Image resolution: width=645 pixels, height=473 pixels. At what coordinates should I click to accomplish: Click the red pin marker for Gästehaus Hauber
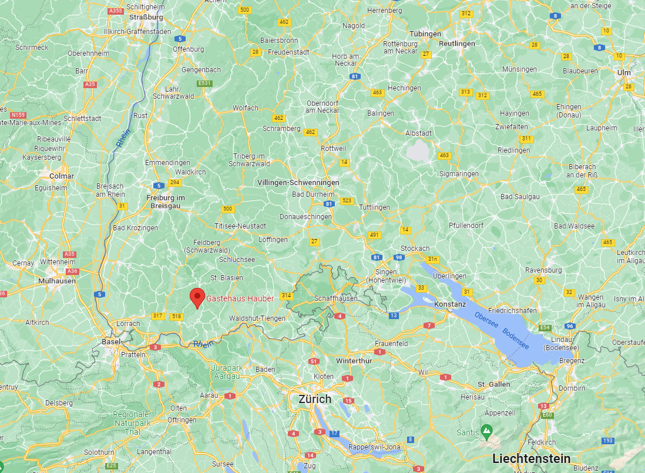tap(197, 297)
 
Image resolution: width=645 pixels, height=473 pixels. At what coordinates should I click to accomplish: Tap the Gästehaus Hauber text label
tap(240, 298)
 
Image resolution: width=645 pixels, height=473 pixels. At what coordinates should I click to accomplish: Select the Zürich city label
tap(315, 399)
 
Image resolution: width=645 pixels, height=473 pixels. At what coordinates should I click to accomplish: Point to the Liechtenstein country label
tap(531, 458)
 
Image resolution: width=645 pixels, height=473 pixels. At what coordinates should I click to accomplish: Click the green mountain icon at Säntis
tap(486, 431)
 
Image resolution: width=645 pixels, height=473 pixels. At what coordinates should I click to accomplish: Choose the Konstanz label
tap(450, 304)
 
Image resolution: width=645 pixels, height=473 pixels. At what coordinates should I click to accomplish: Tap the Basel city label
tap(111, 341)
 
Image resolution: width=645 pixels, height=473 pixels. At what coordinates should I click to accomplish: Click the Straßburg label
tap(150, 17)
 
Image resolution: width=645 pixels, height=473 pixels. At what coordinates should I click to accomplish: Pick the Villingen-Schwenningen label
tap(298, 183)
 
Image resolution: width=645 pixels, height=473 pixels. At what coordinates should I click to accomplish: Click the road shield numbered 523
tap(347, 201)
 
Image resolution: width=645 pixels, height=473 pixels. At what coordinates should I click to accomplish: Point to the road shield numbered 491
tap(374, 235)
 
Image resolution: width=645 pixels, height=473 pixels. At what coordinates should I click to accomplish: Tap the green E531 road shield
tap(204, 83)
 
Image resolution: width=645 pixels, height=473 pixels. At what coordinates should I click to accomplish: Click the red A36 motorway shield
tap(73, 271)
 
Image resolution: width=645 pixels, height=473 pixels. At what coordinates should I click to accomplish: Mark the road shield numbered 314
tap(287, 296)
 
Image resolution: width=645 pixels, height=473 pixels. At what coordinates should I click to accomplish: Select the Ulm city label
tap(624, 72)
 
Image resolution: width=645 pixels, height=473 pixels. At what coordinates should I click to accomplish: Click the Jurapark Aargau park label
tap(226, 372)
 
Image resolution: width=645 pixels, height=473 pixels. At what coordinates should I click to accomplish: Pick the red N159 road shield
tap(17, 114)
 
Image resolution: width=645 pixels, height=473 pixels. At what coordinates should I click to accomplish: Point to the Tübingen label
tap(425, 33)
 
